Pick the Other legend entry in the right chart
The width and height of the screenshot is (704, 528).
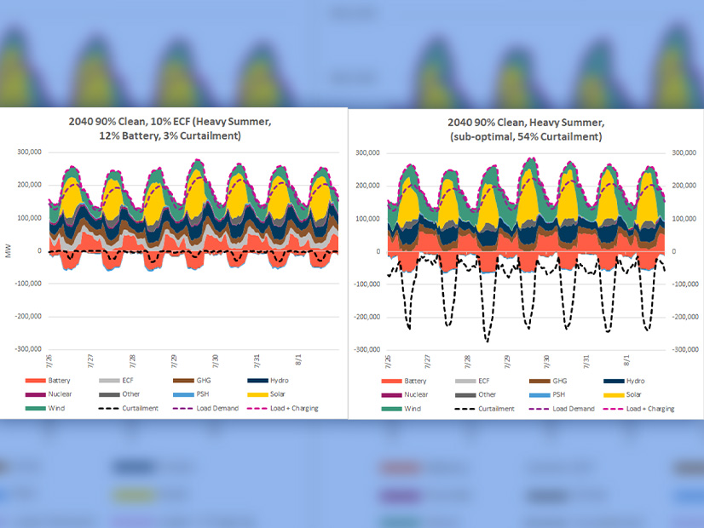click(487, 394)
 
